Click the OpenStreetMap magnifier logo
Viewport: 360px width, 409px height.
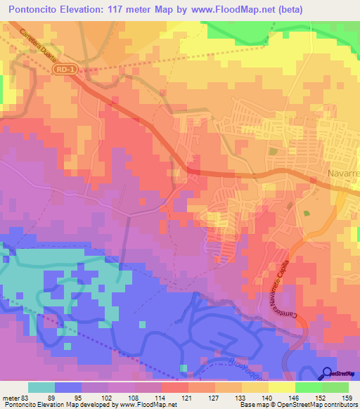(328, 373)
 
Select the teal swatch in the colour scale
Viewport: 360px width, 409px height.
(41, 387)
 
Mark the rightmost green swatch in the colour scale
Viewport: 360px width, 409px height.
(335, 387)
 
